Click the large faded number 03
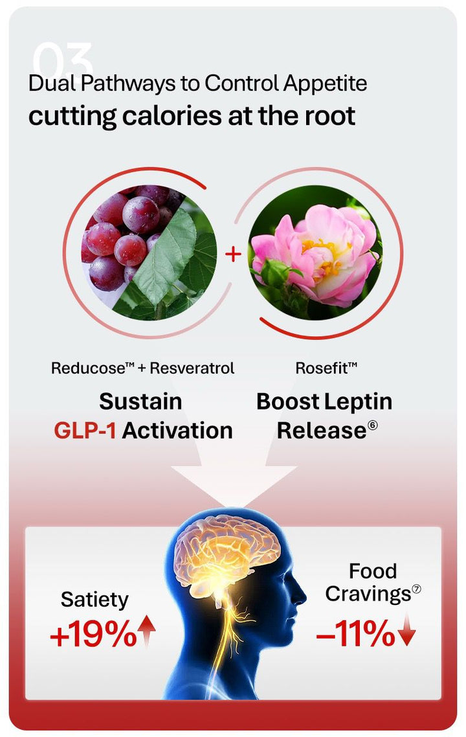(x=63, y=60)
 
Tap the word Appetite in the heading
(x=325, y=84)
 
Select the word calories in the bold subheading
(x=172, y=116)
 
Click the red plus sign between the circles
(x=233, y=255)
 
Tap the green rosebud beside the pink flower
(x=274, y=272)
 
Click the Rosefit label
(x=326, y=368)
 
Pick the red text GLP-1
(x=85, y=431)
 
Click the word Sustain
(x=140, y=402)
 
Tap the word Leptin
(x=358, y=402)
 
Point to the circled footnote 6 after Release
(x=373, y=425)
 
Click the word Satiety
(x=94, y=600)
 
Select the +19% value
(x=93, y=634)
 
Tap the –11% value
(x=355, y=633)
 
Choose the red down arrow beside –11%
(x=407, y=630)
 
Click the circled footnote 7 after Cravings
(x=416, y=589)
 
